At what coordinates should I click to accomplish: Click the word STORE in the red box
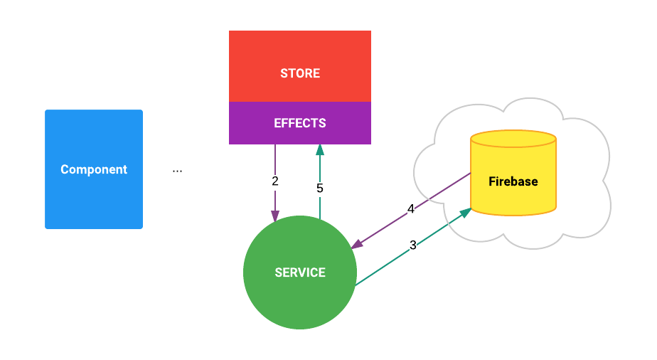[299, 73]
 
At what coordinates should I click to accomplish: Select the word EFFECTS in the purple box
[299, 123]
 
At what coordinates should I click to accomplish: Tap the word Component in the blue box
[94, 169]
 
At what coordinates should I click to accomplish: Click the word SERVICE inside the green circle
[299, 272]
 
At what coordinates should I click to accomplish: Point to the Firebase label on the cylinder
[513, 181]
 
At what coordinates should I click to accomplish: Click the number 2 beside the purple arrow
[275, 181]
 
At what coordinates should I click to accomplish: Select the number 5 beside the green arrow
[320, 189]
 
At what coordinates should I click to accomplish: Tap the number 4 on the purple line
[411, 209]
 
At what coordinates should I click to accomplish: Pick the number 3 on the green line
[413, 245]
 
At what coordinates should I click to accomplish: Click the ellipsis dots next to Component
[177, 170]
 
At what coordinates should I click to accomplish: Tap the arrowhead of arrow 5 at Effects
[320, 149]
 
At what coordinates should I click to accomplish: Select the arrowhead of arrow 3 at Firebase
[466, 212]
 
